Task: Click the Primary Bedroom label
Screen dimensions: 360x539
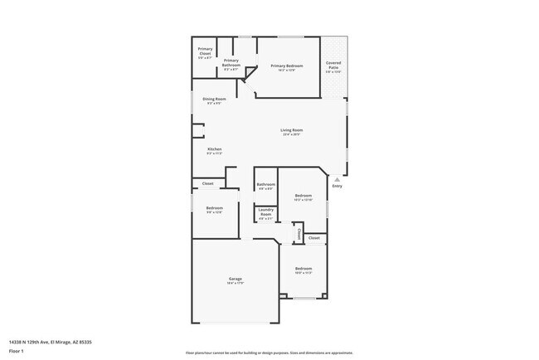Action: click(x=287, y=66)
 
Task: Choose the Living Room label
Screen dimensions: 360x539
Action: click(x=290, y=130)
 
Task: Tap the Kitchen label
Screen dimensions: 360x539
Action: click(x=214, y=149)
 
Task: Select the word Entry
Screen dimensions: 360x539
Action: click(x=337, y=186)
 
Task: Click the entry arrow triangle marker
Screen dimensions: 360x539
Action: click(x=337, y=178)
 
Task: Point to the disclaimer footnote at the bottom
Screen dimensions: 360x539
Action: click(x=269, y=353)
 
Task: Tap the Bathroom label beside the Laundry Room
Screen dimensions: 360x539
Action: click(x=265, y=184)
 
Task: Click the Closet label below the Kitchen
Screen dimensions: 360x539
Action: click(x=208, y=183)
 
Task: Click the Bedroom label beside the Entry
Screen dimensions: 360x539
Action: click(x=303, y=196)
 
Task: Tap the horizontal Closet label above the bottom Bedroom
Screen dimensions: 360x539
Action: click(x=313, y=238)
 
